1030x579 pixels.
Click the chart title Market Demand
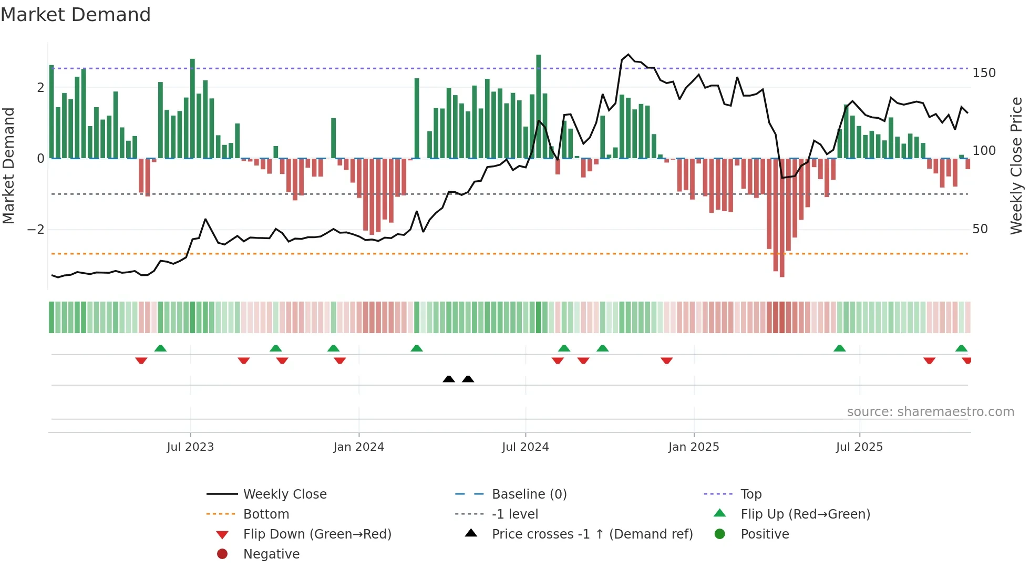tap(76, 15)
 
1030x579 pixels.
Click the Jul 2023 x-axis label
tap(190, 447)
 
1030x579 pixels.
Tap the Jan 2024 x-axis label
tap(358, 447)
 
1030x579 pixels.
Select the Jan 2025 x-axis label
tap(693, 447)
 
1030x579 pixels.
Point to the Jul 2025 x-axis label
tap(859, 447)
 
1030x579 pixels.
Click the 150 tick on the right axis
tap(984, 73)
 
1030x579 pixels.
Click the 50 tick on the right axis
tap(980, 229)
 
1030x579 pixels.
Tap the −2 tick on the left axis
tap(36, 230)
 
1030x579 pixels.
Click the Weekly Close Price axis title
tap(1016, 166)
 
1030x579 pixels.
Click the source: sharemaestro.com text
tap(930, 412)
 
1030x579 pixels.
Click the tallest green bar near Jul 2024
tap(538, 105)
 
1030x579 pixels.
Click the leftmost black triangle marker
tap(449, 379)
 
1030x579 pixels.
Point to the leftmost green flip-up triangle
tap(160, 348)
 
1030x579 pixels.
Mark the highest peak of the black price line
tap(628, 55)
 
